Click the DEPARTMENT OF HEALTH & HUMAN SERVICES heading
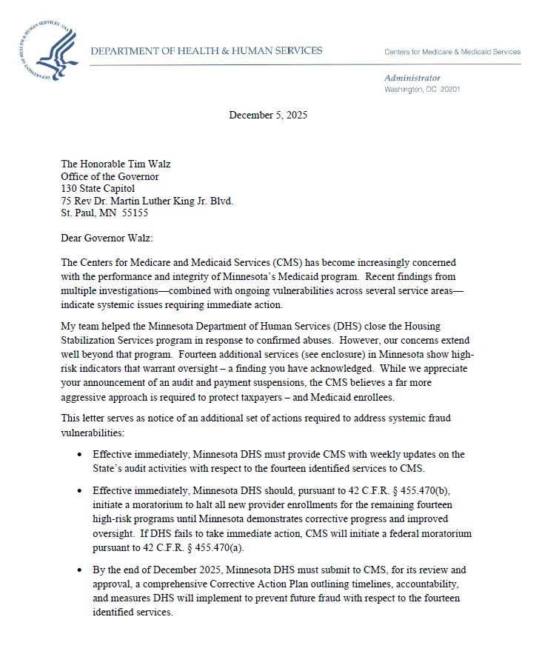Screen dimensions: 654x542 click(x=207, y=51)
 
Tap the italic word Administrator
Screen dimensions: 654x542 click(x=412, y=78)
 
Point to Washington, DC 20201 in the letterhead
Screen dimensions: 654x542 click(x=422, y=89)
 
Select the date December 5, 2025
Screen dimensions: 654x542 click(x=268, y=115)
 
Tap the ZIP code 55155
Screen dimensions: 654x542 click(x=135, y=213)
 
